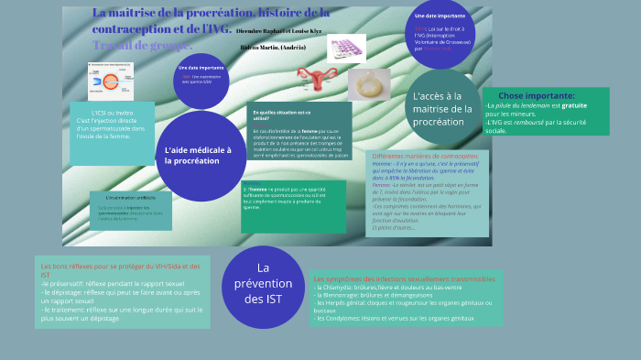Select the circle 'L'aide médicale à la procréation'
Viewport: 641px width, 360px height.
pos(201,156)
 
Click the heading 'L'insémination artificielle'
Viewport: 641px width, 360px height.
pos(131,198)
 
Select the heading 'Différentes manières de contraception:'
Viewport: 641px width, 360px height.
pos(426,157)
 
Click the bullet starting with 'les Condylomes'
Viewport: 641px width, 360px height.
pos(394,318)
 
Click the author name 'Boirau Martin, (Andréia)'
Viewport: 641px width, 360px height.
pos(273,47)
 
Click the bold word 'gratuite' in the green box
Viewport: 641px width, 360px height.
pos(574,105)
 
